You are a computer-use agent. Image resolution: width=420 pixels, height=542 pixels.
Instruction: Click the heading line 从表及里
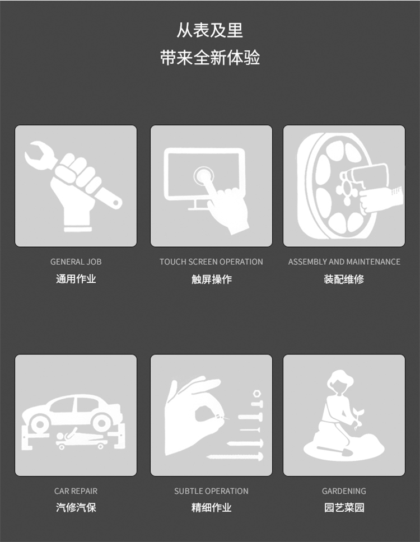(x=210, y=30)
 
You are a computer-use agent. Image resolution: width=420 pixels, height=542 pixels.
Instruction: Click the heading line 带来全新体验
(x=210, y=57)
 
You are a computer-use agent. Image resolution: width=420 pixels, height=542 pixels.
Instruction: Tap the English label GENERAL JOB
(x=76, y=261)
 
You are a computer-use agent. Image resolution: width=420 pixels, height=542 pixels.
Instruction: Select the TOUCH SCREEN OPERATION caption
(x=211, y=261)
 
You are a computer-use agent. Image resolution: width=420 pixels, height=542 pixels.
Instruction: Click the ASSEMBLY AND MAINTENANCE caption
(x=344, y=261)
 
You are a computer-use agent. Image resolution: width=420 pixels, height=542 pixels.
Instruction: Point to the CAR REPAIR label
(x=76, y=491)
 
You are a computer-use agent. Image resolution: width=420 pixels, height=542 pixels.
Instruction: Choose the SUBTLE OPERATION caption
(x=211, y=491)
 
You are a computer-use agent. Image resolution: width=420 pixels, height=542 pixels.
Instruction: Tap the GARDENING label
(x=344, y=491)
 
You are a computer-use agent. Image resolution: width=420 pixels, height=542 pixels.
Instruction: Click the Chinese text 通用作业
(x=76, y=279)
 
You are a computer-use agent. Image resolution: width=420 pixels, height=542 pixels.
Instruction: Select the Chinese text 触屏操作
(x=211, y=279)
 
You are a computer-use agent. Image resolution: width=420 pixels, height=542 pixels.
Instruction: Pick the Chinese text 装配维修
(x=344, y=279)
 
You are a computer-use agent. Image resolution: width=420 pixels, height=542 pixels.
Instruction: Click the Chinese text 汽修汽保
(x=76, y=507)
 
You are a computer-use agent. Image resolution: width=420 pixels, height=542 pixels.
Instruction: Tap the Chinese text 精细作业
(x=211, y=507)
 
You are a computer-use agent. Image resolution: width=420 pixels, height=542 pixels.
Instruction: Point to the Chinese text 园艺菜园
(x=344, y=507)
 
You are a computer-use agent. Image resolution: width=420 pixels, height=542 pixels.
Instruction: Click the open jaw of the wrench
(x=35, y=154)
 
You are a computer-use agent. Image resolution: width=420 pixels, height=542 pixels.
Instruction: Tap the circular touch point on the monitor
(x=204, y=176)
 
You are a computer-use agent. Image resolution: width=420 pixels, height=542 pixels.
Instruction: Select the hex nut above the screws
(x=256, y=394)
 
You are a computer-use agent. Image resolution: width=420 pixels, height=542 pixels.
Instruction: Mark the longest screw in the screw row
(x=235, y=457)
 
